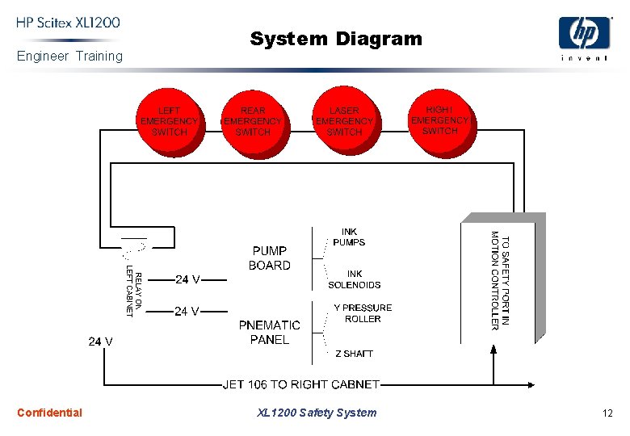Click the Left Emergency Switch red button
[x=170, y=122]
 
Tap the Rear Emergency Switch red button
[x=253, y=122]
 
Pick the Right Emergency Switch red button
[x=439, y=120]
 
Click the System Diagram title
[x=336, y=38]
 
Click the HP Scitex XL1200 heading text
[x=69, y=23]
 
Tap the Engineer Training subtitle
[x=69, y=56]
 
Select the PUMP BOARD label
[x=270, y=258]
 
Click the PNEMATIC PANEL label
[x=270, y=333]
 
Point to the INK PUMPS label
[x=349, y=237]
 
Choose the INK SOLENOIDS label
[x=355, y=279]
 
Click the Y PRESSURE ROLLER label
[x=363, y=313]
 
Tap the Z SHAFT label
[x=354, y=354]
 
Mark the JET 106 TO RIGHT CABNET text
[x=301, y=384]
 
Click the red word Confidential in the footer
[x=49, y=413]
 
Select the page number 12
[x=607, y=413]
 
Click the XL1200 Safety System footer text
[x=317, y=413]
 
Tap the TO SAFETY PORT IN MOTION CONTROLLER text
[x=501, y=280]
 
